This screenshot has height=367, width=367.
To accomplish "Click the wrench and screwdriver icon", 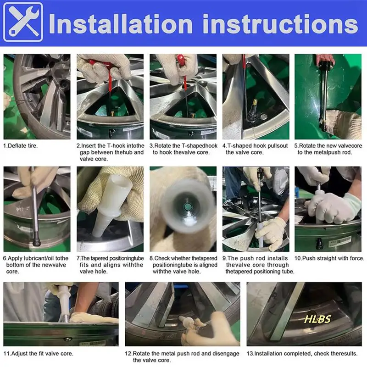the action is click(23, 22).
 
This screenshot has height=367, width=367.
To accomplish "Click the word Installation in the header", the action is click(121, 24).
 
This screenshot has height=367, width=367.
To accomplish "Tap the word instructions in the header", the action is click(280, 24).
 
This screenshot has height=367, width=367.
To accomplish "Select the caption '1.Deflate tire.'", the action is click(20, 145).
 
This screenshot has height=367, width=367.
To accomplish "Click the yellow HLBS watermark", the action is click(317, 319).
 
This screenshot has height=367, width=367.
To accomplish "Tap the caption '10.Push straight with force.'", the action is click(329, 258).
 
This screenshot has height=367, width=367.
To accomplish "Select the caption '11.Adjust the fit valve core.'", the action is click(38, 353).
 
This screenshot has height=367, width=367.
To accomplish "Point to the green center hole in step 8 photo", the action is click(188, 207).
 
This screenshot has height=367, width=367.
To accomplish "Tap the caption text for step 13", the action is click(302, 353).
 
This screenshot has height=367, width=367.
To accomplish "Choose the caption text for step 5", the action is click(328, 149).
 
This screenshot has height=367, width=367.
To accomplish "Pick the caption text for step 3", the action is click(183, 149).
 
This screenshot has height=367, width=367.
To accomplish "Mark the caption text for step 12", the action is click(182, 357).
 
